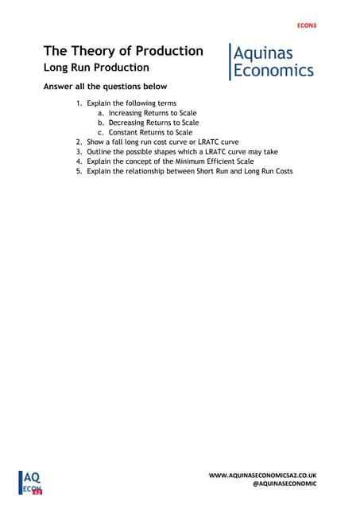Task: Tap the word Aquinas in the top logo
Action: click(x=263, y=52)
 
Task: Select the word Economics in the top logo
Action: click(x=273, y=70)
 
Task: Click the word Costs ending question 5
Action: click(x=281, y=171)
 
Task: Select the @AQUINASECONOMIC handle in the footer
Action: click(x=284, y=484)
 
